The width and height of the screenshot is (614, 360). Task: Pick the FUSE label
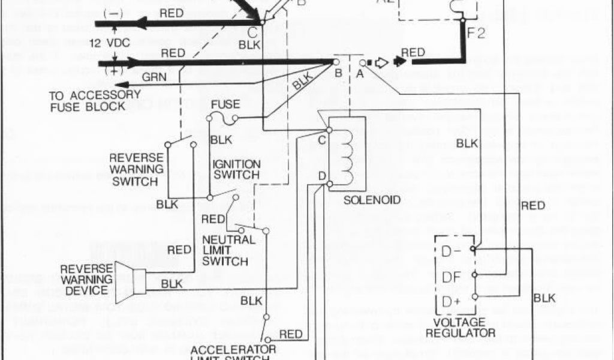pyautogui.click(x=226, y=104)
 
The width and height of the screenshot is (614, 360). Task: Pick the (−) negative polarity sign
pyautogui.click(x=110, y=13)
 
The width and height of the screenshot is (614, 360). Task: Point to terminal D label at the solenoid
pyautogui.click(x=323, y=176)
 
